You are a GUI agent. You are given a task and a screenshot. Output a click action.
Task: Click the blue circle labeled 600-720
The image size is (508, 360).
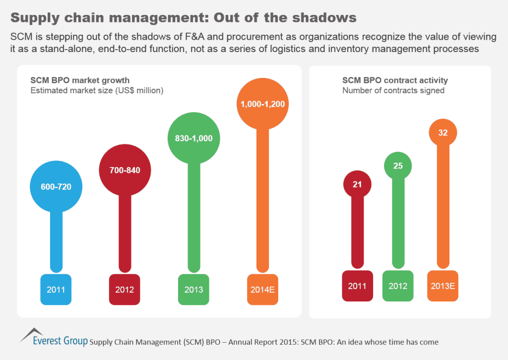click(x=56, y=187)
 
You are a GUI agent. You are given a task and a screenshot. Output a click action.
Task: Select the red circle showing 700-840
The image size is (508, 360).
click(x=125, y=170)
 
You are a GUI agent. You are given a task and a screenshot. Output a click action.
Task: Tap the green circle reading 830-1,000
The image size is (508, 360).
click(x=193, y=138)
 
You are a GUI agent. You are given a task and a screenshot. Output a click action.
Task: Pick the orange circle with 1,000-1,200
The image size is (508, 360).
click(x=262, y=105)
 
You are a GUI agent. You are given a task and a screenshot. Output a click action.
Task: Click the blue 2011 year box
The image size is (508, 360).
click(x=56, y=289)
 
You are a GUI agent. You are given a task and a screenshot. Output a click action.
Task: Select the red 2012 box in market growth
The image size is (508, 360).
click(x=125, y=289)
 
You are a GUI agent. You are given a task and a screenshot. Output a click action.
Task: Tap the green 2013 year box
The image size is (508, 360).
click(x=193, y=289)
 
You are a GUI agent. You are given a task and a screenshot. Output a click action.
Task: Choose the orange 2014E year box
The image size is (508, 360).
click(x=262, y=289)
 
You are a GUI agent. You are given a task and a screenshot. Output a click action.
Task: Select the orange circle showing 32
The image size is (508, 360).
click(x=443, y=133)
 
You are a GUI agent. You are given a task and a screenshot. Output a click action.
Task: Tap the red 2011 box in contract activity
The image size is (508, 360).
click(x=357, y=286)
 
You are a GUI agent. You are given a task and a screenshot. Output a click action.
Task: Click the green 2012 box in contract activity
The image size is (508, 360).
click(x=398, y=286)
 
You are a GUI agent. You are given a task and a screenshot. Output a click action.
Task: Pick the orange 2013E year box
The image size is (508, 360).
click(x=443, y=286)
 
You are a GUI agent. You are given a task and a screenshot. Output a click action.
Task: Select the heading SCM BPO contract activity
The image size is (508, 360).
click(x=395, y=80)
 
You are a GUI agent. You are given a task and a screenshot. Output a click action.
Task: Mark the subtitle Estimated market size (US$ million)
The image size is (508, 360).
click(x=97, y=91)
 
